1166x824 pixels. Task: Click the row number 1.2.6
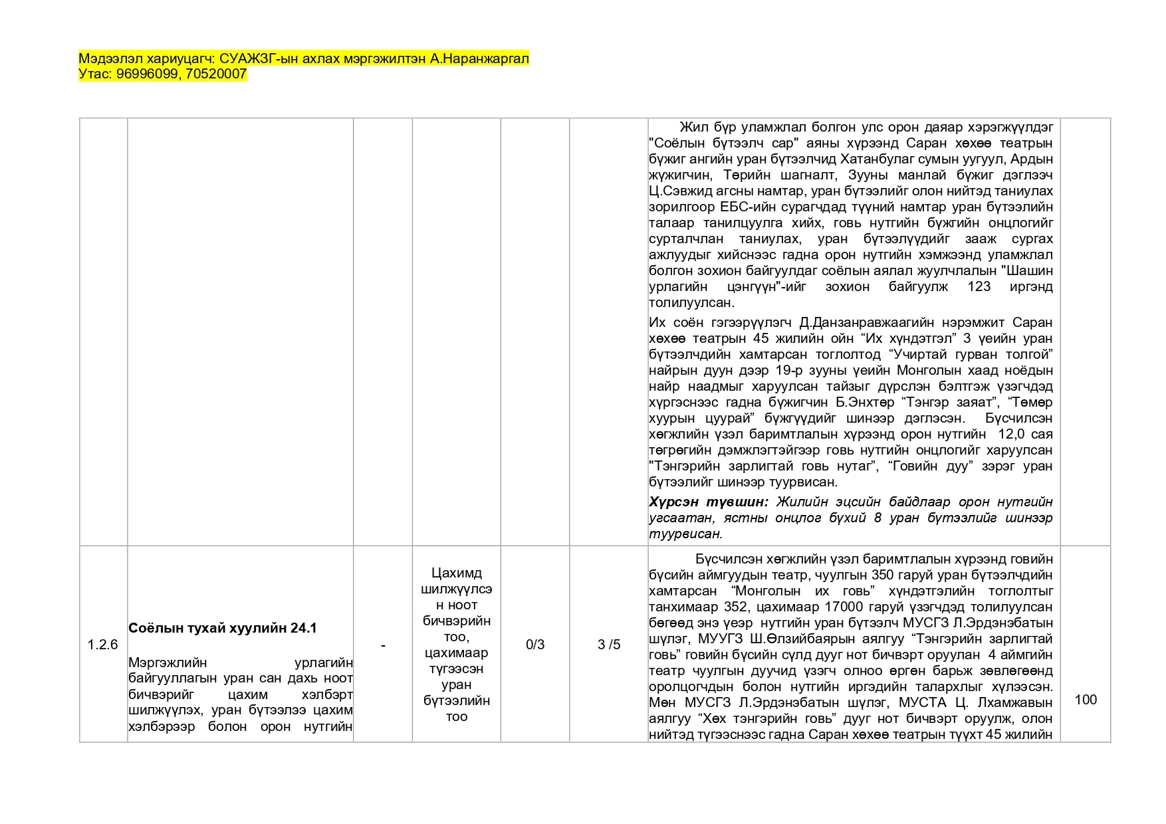[102, 645]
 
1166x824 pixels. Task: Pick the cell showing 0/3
[535, 645]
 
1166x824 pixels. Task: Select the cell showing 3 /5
[609, 645]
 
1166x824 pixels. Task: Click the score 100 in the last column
[1086, 700]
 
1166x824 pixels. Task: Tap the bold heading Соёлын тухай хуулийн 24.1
[223, 628]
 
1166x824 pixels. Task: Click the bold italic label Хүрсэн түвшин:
[708, 502]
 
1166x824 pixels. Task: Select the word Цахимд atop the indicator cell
[456, 573]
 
